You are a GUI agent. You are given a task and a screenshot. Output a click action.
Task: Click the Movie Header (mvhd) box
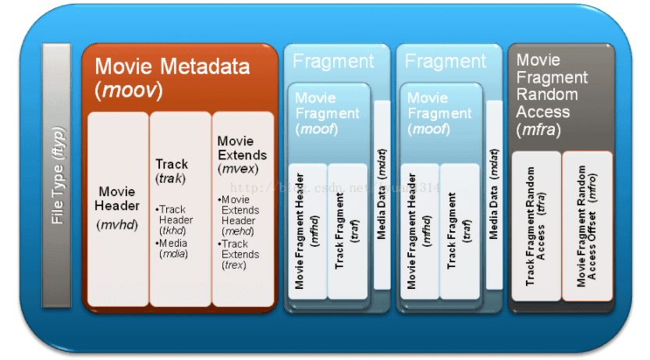(x=118, y=207)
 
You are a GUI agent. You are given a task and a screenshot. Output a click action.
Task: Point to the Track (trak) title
(x=172, y=170)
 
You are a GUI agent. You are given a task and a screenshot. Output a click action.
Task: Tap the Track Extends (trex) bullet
(x=239, y=255)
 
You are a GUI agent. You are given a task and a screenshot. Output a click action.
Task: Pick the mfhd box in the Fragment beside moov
(x=307, y=230)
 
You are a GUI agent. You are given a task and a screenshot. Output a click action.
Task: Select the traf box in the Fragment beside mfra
(x=459, y=230)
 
